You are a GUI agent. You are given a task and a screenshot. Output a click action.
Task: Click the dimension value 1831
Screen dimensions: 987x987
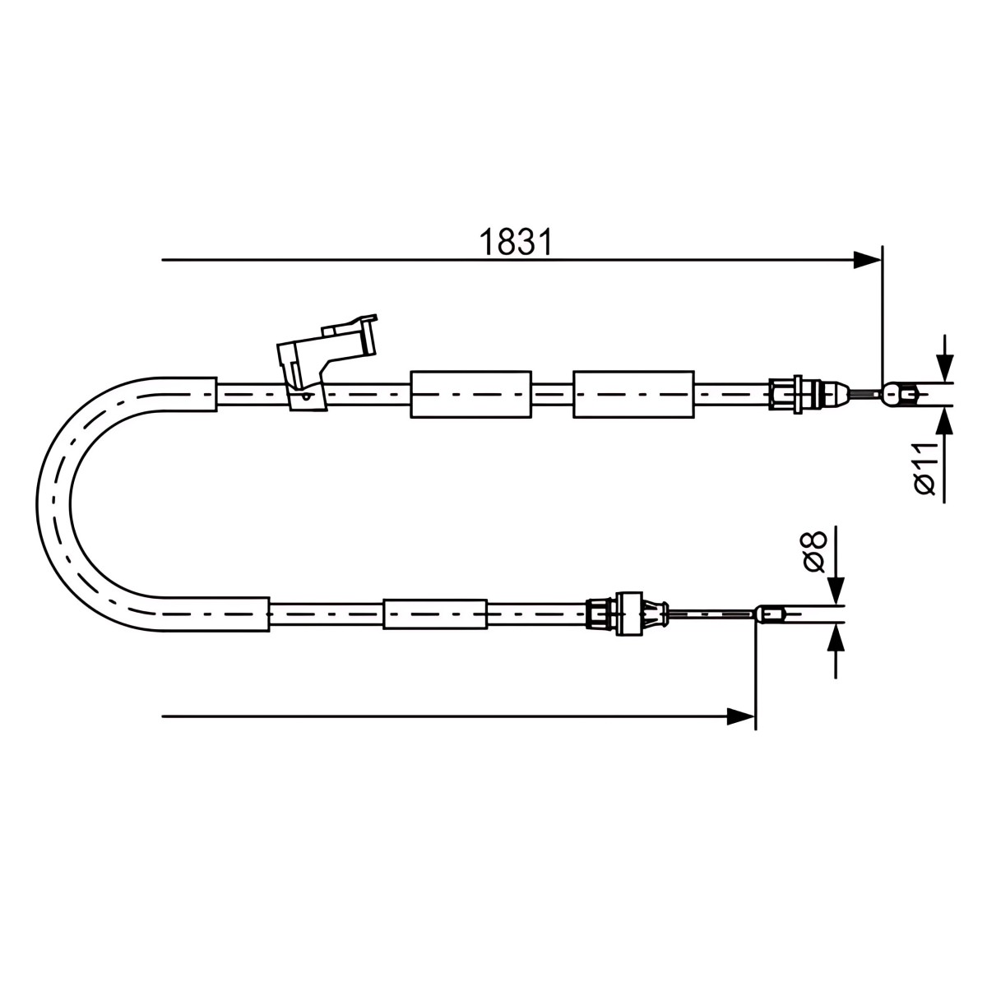pyautogui.click(x=516, y=243)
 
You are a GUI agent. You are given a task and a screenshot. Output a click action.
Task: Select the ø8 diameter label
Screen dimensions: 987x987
pyautogui.click(x=815, y=551)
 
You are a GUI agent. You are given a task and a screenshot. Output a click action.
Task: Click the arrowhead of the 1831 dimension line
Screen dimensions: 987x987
pyautogui.click(x=867, y=260)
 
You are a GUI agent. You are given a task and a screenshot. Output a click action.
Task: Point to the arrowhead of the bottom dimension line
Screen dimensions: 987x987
pyautogui.click(x=740, y=716)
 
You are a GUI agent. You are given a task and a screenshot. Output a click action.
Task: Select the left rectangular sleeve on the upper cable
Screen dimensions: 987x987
pyautogui.click(x=470, y=394)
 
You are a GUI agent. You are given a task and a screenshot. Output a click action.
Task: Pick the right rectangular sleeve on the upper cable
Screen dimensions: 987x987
pyautogui.click(x=633, y=394)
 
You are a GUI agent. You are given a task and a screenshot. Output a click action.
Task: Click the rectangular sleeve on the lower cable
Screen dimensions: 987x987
pyautogui.click(x=435, y=614)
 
